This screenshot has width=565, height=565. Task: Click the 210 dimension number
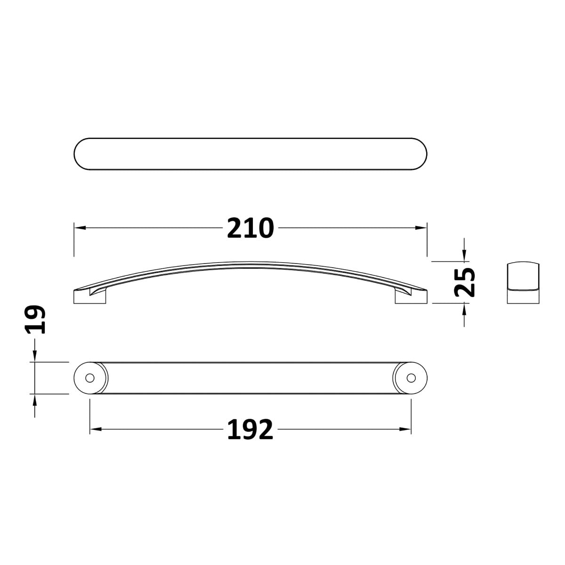click(x=250, y=228)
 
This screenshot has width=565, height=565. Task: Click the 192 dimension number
click(x=250, y=429)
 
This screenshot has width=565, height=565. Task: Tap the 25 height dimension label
click(x=465, y=282)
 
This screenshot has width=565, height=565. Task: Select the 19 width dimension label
click(x=35, y=320)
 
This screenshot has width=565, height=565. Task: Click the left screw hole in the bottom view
click(x=90, y=378)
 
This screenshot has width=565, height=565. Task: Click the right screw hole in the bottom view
click(x=412, y=378)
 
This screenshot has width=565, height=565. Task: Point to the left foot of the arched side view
click(x=89, y=297)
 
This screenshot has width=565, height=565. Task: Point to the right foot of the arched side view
click(x=411, y=297)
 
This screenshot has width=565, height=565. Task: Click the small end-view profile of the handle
click(x=523, y=282)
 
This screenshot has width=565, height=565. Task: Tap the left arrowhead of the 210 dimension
click(x=80, y=228)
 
